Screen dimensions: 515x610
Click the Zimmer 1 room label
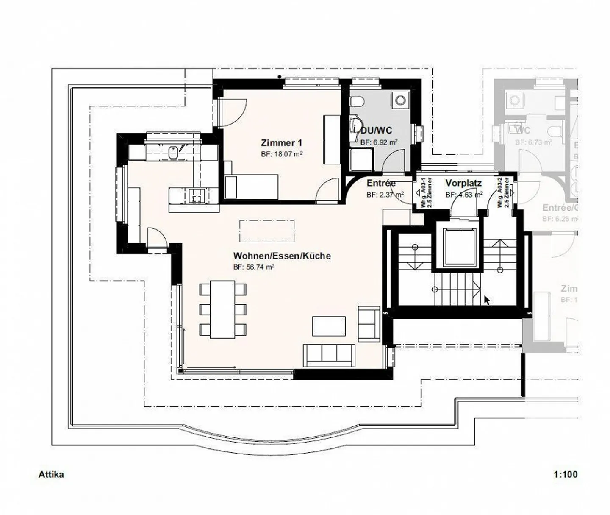(x=281, y=143)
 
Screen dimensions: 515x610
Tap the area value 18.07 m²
(x=282, y=154)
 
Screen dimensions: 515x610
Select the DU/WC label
(x=376, y=131)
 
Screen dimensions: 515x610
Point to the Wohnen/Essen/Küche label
(x=282, y=256)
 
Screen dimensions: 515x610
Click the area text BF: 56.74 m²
(x=254, y=267)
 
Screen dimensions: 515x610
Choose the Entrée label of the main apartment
(x=381, y=183)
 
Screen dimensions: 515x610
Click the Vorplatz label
(x=463, y=183)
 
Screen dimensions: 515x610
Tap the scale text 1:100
(x=565, y=474)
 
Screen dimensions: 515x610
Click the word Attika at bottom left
(x=51, y=474)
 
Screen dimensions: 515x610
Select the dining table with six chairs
(x=223, y=309)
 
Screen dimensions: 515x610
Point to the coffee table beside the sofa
(x=329, y=326)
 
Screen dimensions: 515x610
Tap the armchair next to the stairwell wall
(x=369, y=323)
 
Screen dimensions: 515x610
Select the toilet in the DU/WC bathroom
(x=357, y=102)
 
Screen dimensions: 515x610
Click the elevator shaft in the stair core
(x=460, y=248)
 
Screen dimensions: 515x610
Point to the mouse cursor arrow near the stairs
(x=487, y=300)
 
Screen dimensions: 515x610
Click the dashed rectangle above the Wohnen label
(x=267, y=230)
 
